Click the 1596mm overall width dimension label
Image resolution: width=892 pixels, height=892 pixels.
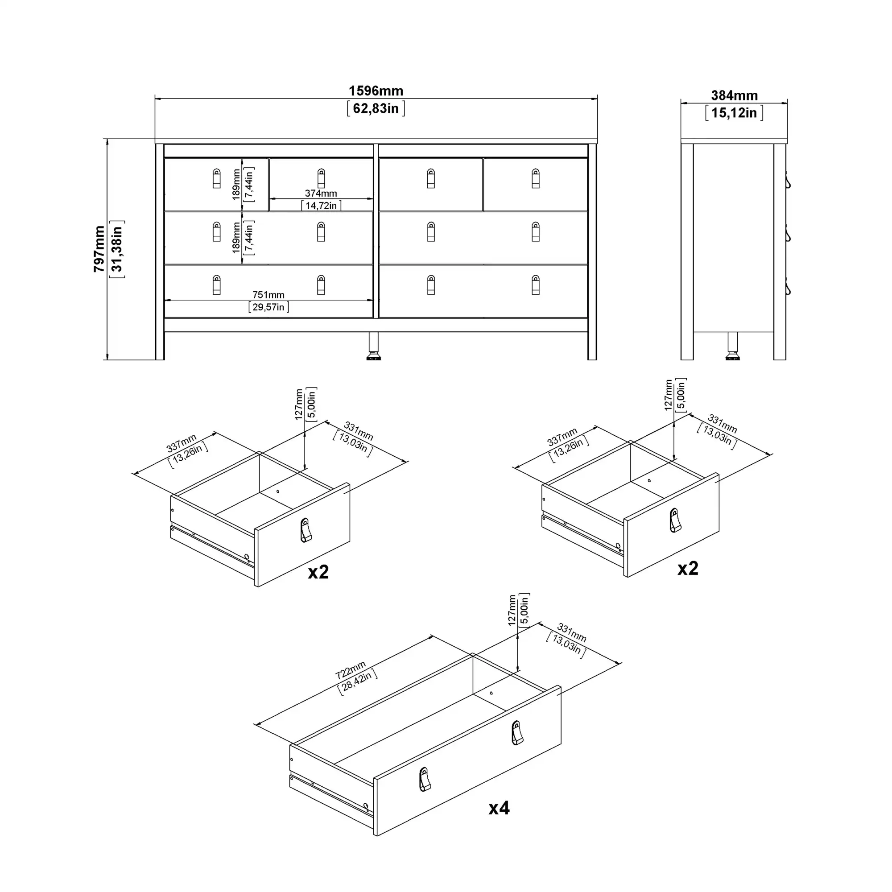click(376, 91)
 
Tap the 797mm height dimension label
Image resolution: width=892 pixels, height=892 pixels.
click(99, 249)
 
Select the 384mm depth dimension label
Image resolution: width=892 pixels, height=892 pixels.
click(734, 95)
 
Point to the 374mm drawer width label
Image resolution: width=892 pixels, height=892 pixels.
click(321, 194)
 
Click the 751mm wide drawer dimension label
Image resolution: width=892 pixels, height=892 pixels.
click(268, 294)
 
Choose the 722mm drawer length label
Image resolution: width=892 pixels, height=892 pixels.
click(351, 670)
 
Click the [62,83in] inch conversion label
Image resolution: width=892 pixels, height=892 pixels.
click(376, 108)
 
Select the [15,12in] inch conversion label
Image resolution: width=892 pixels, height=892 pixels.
click(734, 113)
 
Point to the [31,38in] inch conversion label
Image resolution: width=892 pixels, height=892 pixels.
click(117, 249)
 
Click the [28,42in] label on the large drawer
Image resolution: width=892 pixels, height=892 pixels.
click(358, 682)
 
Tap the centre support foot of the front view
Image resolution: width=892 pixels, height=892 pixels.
click(373, 346)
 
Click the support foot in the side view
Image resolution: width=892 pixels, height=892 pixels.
click(733, 346)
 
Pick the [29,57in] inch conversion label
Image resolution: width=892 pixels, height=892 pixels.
click(268, 307)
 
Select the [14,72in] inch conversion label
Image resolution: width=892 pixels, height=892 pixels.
click(321, 206)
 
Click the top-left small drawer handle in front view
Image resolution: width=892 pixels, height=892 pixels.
click(217, 179)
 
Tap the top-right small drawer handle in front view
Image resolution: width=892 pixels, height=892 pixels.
click(536, 179)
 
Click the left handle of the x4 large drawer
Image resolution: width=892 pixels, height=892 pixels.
click(425, 780)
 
